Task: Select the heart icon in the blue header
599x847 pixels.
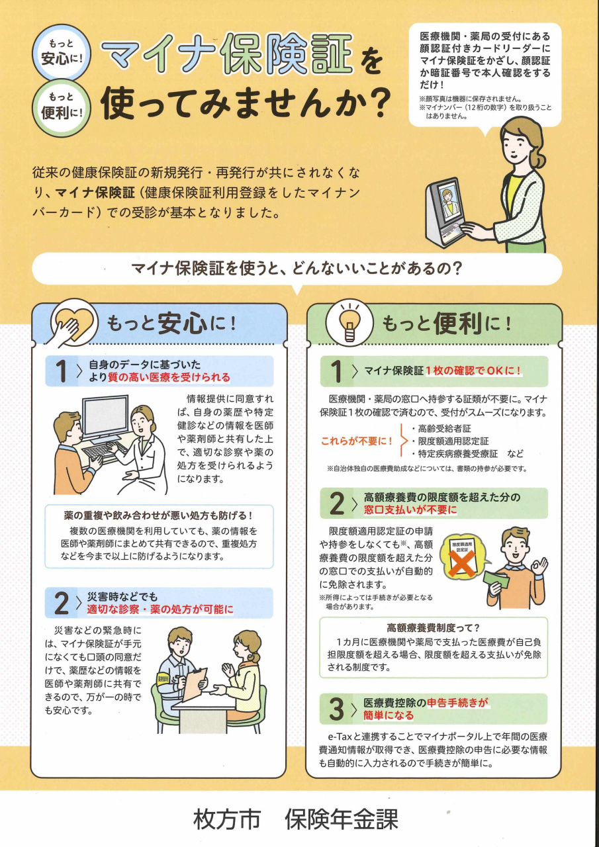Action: pyautogui.click(x=71, y=319)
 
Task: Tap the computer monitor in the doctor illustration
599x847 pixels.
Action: pyautogui.click(x=105, y=415)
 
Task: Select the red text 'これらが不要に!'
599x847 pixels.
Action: pyautogui.click(x=356, y=441)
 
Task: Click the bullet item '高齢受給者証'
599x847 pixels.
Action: pyautogui.click(x=441, y=428)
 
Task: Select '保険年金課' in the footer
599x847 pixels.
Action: pyautogui.click(x=342, y=819)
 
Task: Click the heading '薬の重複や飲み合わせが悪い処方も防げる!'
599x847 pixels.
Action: pyautogui.click(x=159, y=515)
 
